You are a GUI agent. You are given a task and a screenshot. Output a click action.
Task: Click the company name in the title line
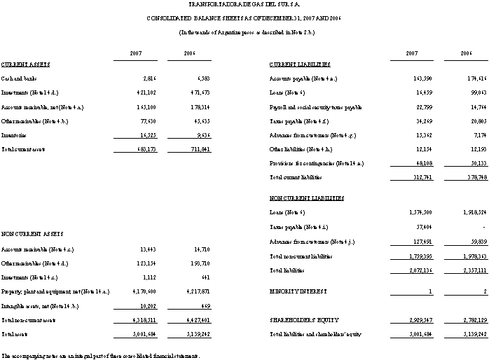(245, 5)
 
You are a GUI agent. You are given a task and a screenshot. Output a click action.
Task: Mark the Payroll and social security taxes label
(315, 107)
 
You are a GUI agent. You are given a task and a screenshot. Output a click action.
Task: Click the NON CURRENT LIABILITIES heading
(306, 198)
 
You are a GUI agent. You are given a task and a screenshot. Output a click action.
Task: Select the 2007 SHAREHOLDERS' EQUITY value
(408, 319)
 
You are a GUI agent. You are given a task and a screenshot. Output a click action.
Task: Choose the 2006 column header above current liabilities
(465, 53)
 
